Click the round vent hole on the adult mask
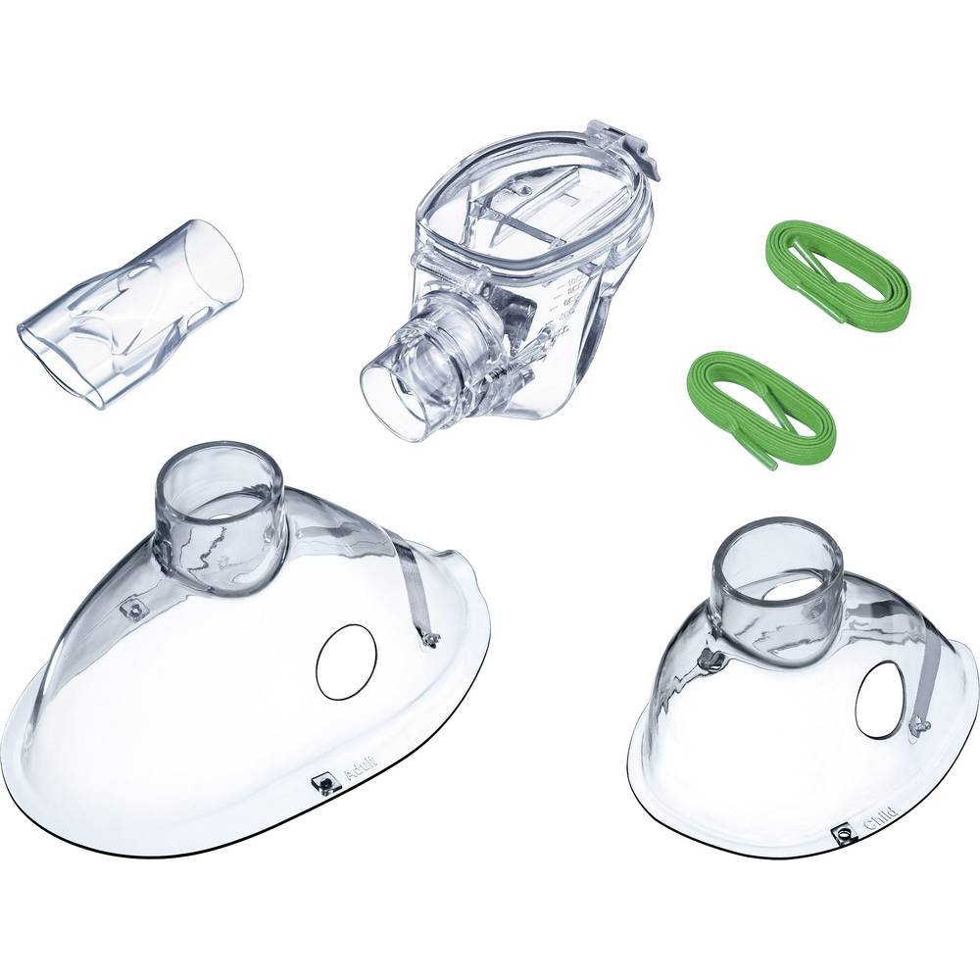pyautogui.click(x=346, y=662)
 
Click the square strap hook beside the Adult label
pyautogui.click(x=320, y=782)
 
